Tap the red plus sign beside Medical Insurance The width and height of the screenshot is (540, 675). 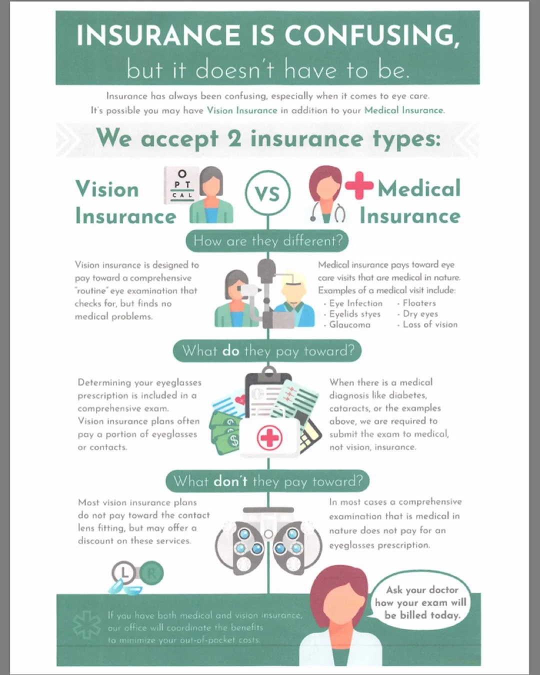[359, 185]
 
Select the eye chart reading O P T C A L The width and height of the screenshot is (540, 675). [182, 185]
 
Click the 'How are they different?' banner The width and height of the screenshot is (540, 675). [267, 241]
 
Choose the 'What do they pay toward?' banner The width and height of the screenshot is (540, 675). [267, 350]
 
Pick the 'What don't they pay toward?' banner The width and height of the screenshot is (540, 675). [267, 481]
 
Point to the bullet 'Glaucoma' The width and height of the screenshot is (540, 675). [349, 324]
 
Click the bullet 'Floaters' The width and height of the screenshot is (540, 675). [419, 303]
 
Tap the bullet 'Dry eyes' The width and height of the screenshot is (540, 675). [420, 314]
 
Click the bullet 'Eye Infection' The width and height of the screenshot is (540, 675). [355, 303]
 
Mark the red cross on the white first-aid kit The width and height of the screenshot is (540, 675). [269, 438]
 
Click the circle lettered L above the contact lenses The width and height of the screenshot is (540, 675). [124, 573]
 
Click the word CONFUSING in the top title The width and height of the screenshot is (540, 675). [371, 35]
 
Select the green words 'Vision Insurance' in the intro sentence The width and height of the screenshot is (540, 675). [242, 110]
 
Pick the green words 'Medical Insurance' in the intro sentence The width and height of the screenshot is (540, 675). [403, 110]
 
